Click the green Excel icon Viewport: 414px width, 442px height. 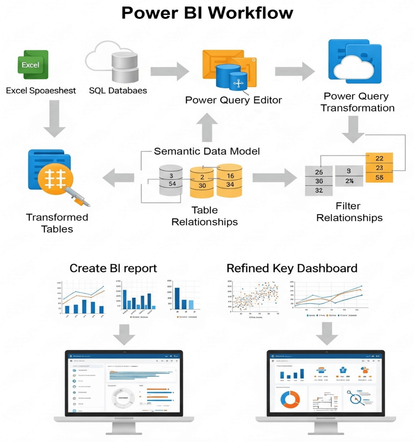(x=33, y=65)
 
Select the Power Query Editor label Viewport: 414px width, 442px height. (x=233, y=100)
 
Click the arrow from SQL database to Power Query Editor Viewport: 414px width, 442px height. (x=169, y=71)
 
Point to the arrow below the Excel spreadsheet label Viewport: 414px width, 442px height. (x=54, y=118)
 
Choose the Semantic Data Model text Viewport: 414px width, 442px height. (x=207, y=151)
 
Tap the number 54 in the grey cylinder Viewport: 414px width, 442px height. (x=172, y=184)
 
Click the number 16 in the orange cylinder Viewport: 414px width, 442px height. (x=230, y=176)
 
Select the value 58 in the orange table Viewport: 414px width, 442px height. (x=379, y=178)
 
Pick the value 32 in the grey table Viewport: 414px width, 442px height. (x=319, y=190)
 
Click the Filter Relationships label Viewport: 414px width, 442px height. (x=349, y=212)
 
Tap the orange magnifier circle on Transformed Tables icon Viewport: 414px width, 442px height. (x=55, y=178)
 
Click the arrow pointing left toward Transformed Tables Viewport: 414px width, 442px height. (x=119, y=178)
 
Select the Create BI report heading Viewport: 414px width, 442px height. (x=113, y=268)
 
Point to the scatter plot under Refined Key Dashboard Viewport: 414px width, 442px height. (x=255, y=298)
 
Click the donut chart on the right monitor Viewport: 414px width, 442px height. (x=290, y=400)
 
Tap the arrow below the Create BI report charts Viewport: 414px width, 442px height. (x=124, y=334)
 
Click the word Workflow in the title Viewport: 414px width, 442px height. (x=250, y=13)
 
